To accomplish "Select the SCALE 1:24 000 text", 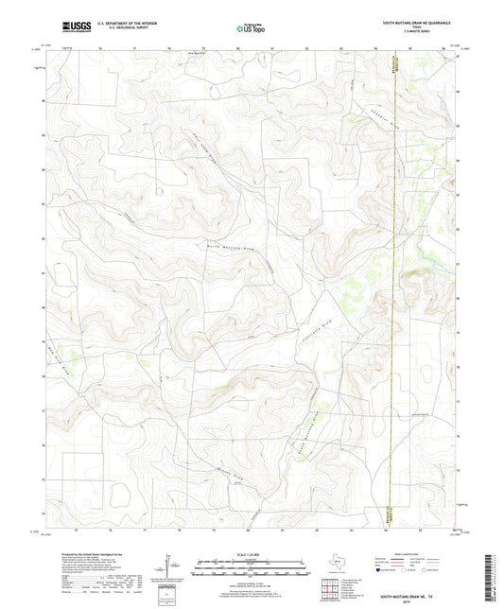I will (251, 554).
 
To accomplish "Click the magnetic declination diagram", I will (166, 571).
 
